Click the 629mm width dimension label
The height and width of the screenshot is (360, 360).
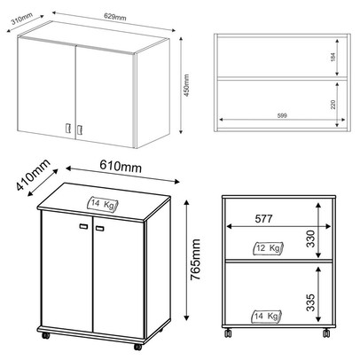click(x=115, y=17)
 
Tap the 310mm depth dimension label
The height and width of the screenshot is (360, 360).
click(x=21, y=18)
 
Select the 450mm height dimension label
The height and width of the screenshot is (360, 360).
click(x=186, y=86)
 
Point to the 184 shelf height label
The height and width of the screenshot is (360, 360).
click(x=333, y=57)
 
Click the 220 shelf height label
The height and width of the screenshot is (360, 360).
click(x=333, y=105)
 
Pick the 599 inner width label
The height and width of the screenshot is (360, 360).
click(x=282, y=116)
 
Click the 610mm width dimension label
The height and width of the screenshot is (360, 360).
click(x=121, y=166)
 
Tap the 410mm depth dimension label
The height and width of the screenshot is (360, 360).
click(x=33, y=175)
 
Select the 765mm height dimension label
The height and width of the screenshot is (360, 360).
click(x=195, y=260)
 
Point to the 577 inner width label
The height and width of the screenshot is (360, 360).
click(x=263, y=219)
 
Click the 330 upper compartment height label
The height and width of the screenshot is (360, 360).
click(x=310, y=239)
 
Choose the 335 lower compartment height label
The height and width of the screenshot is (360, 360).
click(x=310, y=302)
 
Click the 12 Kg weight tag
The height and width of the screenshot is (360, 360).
click(x=268, y=248)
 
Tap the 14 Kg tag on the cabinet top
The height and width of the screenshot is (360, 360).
click(x=103, y=204)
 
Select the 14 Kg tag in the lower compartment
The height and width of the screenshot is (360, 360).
click(x=266, y=317)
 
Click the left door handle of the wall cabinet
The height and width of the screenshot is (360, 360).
click(x=67, y=128)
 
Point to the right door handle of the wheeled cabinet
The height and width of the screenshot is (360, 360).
click(x=100, y=228)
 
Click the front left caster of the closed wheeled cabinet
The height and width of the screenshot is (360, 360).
click(x=45, y=335)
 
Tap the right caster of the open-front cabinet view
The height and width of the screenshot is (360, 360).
click(x=326, y=333)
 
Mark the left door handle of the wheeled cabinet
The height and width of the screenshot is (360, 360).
click(x=83, y=226)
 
